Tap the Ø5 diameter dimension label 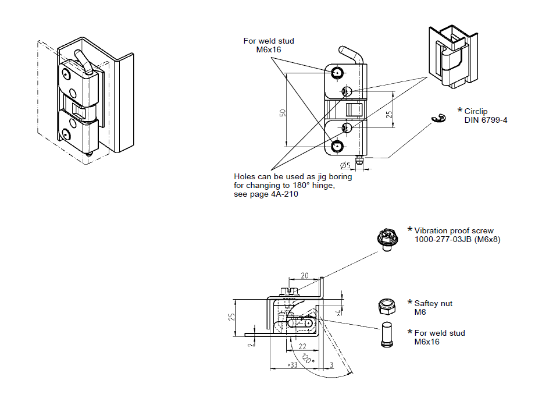pos(345,165)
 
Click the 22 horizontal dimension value pos(302,346)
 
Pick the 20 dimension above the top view pos(304,275)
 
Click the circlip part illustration pos(437,119)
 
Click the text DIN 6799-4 pos(486,120)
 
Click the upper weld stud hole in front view pos(337,72)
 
